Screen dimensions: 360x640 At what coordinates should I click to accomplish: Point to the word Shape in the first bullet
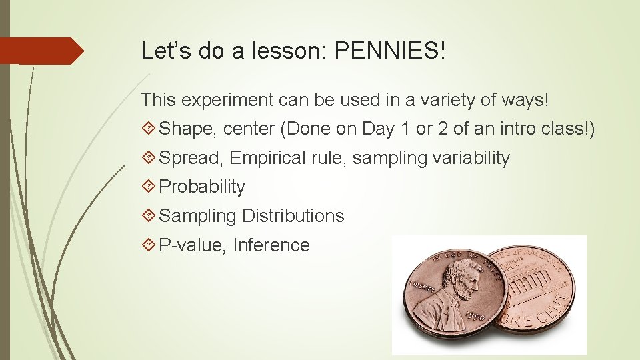(x=188, y=129)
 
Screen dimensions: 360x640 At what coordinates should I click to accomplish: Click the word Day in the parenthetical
(x=379, y=129)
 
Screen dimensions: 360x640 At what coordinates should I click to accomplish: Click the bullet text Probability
(x=202, y=187)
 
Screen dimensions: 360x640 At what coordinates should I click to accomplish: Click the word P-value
(x=193, y=245)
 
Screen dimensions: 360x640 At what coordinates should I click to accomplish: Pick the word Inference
(x=271, y=245)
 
